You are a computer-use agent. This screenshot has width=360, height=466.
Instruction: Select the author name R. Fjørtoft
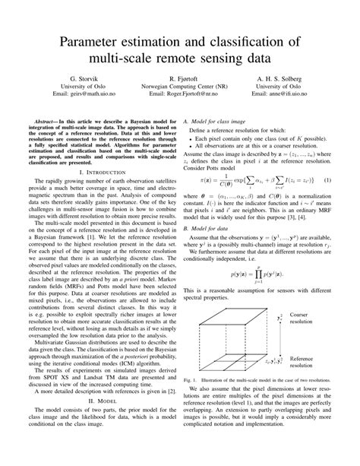(180, 78)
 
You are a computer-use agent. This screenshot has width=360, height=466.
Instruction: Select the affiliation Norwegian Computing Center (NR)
(180, 87)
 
